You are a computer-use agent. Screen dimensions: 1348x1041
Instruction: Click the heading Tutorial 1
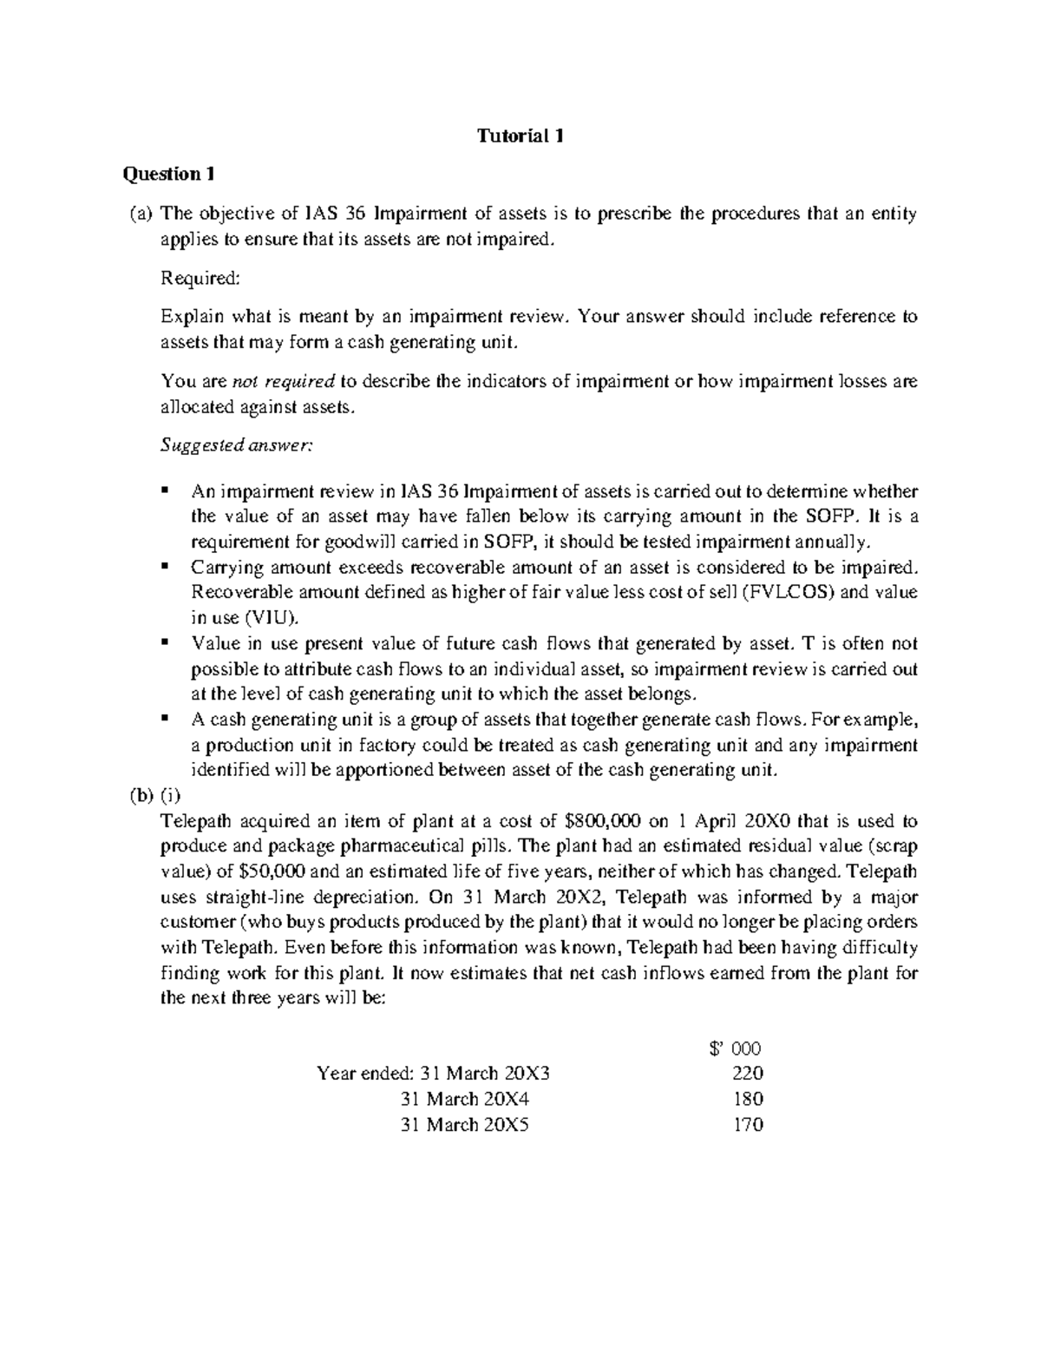click(520, 136)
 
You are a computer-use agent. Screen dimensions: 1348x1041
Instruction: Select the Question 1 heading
click(168, 174)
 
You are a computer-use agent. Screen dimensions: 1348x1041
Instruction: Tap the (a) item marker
click(137, 214)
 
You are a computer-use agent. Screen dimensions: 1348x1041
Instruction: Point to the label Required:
click(199, 278)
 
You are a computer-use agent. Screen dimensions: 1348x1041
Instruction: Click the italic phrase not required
click(285, 381)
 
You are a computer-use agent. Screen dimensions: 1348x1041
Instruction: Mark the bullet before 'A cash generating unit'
click(164, 719)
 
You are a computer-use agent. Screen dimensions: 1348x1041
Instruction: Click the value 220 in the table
click(747, 1074)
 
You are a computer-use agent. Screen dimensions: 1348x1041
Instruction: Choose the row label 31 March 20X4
click(465, 1099)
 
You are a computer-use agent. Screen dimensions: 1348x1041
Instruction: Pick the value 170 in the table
click(747, 1125)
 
